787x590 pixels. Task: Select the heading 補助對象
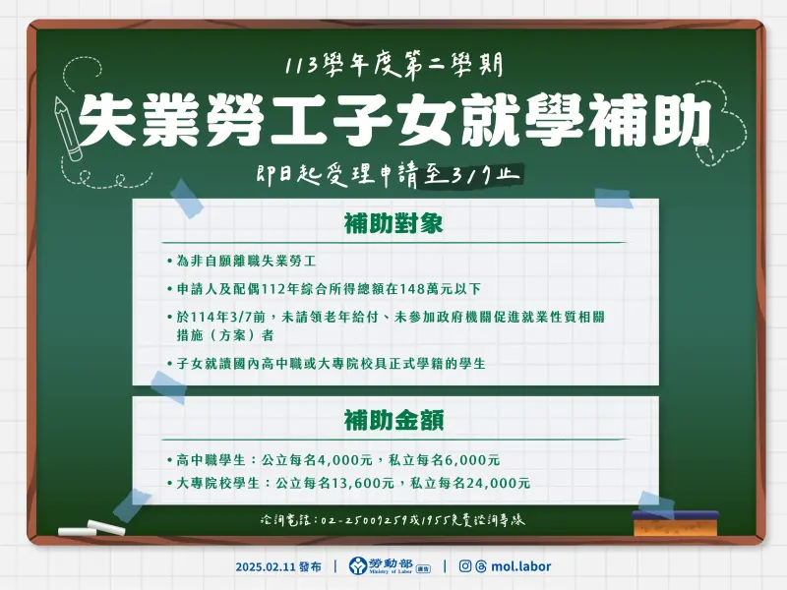[393, 223]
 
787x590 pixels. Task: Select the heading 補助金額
[393, 420]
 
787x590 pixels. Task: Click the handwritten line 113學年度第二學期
[393, 67]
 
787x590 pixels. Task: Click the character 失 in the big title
[109, 122]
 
